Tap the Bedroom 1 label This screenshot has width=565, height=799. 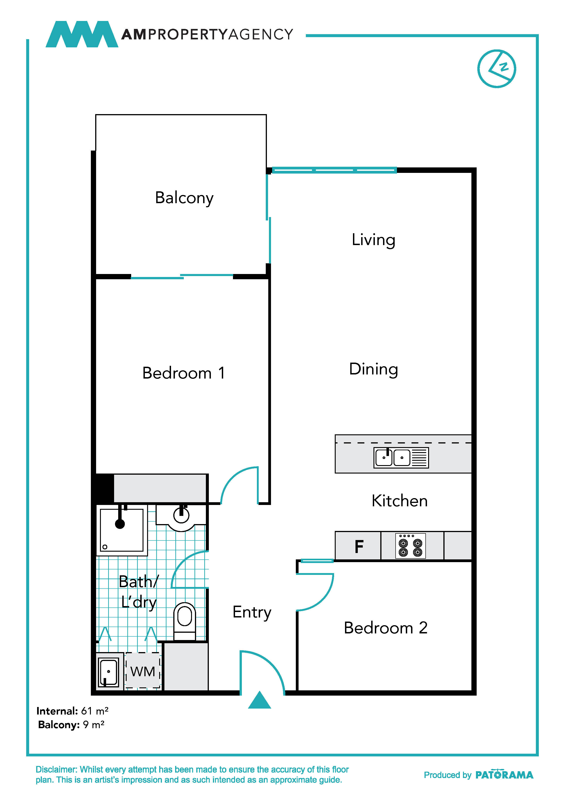184,373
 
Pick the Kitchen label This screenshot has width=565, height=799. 399,501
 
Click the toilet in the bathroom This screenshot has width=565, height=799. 184,622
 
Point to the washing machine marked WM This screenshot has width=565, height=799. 143,670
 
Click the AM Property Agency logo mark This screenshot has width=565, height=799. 82,34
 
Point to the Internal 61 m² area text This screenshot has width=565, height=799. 72,711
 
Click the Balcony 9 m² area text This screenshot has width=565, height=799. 71,725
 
